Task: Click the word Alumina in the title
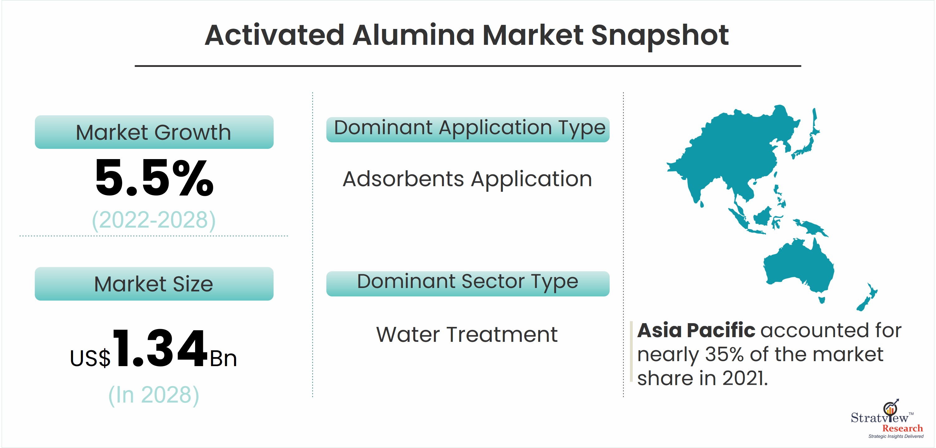414,35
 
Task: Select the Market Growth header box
154,132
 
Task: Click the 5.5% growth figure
154,178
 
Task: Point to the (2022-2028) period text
154,220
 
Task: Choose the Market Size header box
154,284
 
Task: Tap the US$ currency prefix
90,358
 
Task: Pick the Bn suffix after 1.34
223,359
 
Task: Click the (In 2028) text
154,395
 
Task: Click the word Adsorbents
403,179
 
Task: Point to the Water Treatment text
467,334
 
